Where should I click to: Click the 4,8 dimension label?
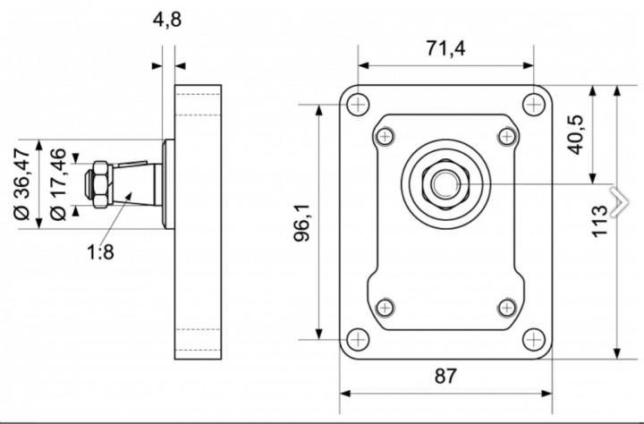coord(166,20)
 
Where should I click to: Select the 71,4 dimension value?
coord(445,48)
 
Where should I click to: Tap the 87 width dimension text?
coord(445,376)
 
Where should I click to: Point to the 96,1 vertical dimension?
coord(302,223)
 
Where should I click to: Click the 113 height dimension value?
coord(599,221)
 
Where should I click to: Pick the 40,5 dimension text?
coord(575,135)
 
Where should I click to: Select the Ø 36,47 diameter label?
coord(22,184)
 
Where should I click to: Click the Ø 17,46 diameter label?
coord(58,184)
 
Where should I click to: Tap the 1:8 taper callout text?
coord(100,252)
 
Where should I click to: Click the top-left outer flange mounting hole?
coord(358,105)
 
